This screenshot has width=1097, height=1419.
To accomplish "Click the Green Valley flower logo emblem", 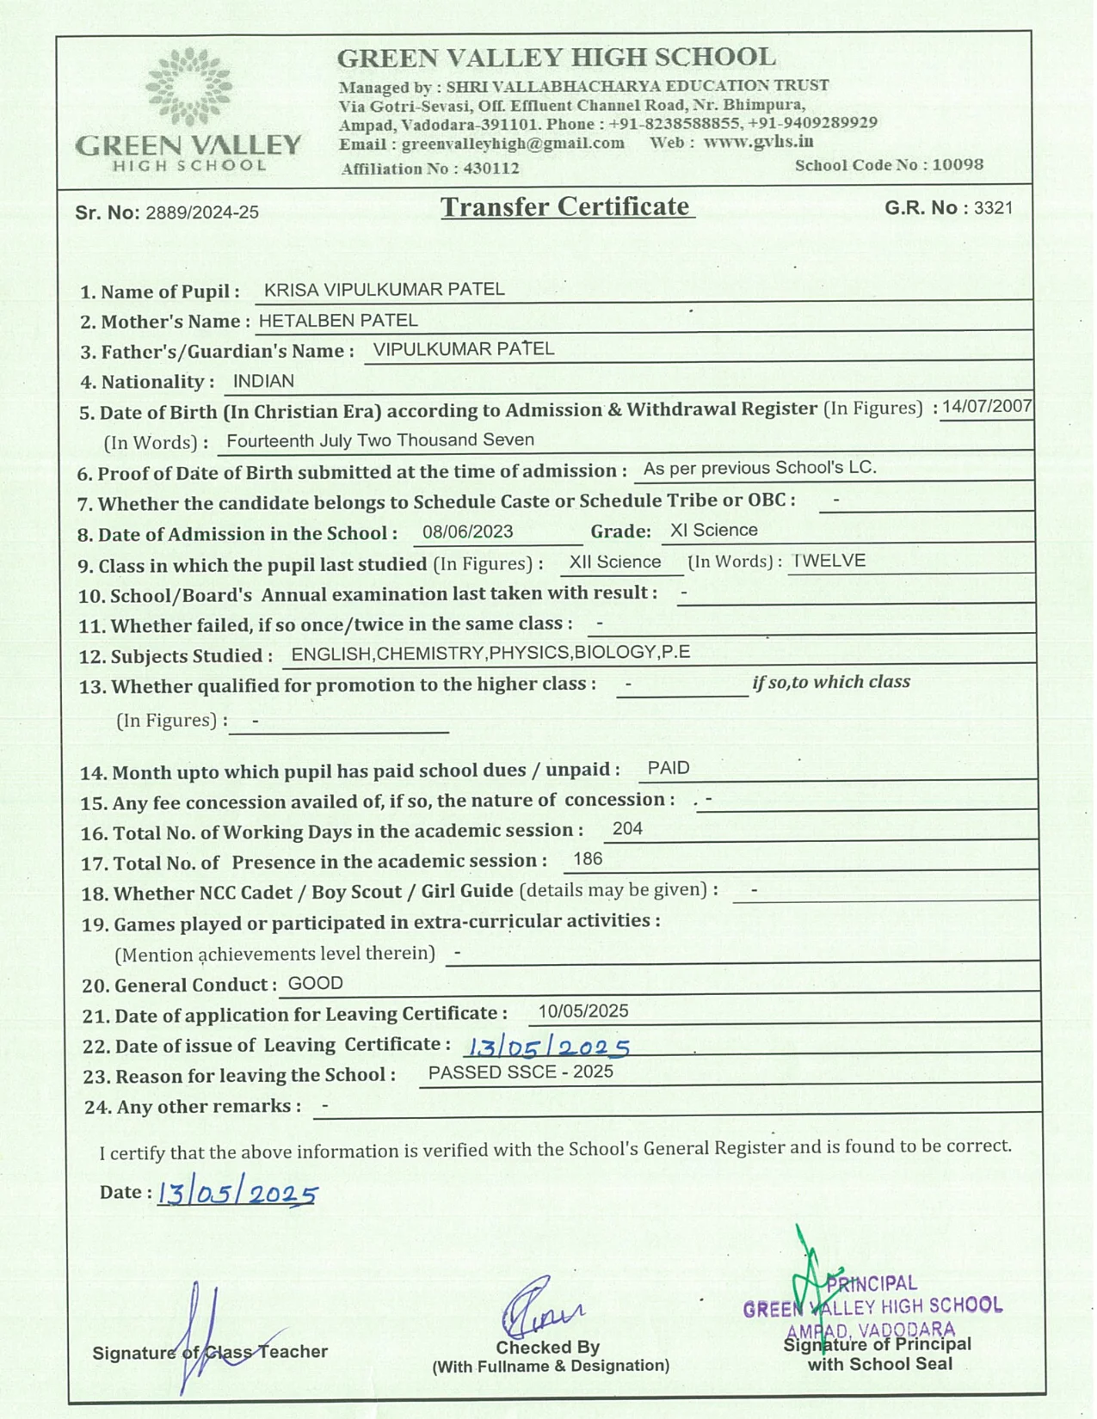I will point(188,87).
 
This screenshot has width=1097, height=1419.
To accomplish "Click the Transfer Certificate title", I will point(565,207).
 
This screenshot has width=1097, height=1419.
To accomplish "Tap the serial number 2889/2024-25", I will point(202,212).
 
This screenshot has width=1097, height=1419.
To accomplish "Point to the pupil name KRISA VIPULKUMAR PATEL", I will point(384,290).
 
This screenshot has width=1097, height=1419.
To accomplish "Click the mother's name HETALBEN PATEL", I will point(338,321).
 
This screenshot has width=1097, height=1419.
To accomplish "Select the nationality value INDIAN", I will point(263,381).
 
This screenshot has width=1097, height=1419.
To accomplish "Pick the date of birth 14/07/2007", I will point(986,407).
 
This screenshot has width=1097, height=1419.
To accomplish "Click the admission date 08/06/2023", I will point(467,531).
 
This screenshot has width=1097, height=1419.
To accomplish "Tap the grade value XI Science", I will point(713,531).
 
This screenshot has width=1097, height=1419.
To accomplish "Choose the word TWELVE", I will point(829,561).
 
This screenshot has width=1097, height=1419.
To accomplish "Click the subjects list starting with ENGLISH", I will point(490,654).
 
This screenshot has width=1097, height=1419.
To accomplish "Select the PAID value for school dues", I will point(669,768).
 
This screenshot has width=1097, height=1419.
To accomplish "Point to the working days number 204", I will point(627,828).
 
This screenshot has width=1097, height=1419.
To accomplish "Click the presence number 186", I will point(588,859).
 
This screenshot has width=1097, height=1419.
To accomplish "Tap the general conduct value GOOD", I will point(315,983).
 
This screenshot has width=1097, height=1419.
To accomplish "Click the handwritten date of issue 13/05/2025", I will point(547,1047).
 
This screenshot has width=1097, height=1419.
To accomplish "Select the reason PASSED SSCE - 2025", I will point(521,1072).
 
